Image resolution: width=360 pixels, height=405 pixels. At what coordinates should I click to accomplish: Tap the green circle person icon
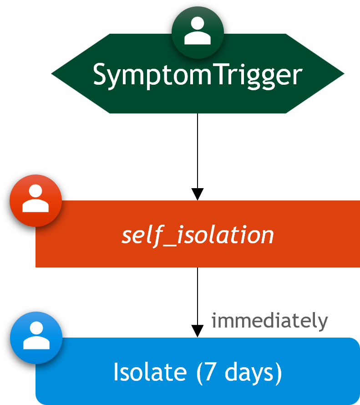click(198, 32)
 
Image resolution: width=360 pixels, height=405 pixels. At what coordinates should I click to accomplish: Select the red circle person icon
click(35, 200)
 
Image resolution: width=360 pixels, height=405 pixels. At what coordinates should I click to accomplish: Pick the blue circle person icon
click(36, 338)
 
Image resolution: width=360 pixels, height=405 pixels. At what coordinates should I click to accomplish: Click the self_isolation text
click(198, 236)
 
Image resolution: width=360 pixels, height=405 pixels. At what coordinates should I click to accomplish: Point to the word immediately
click(269, 321)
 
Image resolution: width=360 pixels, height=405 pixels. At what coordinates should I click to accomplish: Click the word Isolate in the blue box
click(150, 372)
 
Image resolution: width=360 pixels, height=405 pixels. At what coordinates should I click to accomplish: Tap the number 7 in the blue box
click(210, 372)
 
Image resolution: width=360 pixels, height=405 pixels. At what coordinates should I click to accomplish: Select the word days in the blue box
click(249, 373)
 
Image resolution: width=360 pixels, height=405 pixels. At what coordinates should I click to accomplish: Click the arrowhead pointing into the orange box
click(198, 194)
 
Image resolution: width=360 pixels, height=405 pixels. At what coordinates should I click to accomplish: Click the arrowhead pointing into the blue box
click(198, 331)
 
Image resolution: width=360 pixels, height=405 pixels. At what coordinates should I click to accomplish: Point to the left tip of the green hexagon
click(51, 74)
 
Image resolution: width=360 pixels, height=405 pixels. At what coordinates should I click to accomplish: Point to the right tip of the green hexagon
click(344, 74)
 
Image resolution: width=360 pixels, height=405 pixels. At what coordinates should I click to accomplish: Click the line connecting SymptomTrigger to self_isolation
click(198, 151)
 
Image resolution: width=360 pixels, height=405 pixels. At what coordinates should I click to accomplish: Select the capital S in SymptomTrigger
click(99, 74)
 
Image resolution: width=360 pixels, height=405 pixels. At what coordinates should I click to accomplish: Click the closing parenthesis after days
click(279, 373)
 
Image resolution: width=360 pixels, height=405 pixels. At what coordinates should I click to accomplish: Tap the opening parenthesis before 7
click(200, 373)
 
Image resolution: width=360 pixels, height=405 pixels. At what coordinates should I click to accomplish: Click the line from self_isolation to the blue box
click(198, 297)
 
